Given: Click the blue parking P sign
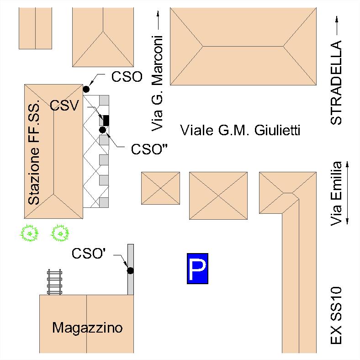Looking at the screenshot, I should point(197,269).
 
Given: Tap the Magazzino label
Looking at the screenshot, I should point(87,328).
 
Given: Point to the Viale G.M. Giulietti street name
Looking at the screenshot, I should point(240,131).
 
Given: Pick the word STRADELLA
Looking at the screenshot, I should point(336,83).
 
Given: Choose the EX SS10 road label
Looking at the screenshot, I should point(337,315).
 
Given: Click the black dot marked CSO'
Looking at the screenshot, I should point(130,270).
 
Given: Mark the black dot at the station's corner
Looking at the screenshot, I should point(86,89).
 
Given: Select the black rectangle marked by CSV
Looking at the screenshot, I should point(106,120).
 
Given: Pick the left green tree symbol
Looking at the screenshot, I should point(30,234).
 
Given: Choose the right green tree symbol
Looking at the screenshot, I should point(59,234).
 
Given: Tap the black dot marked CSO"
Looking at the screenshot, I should point(103,130).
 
